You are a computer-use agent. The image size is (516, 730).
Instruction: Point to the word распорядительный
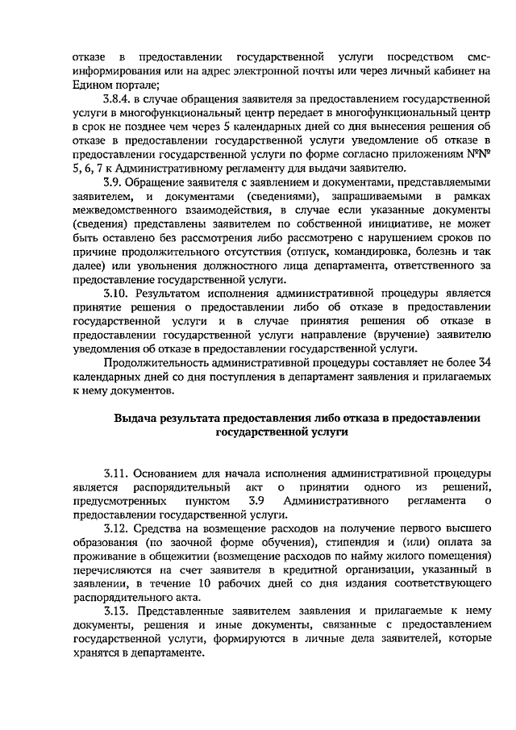pos(166,486)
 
